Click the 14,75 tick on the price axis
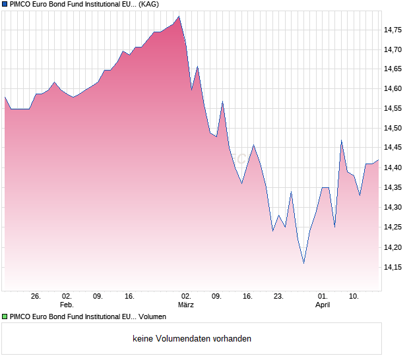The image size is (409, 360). [x=393, y=30]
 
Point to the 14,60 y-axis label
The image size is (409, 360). [x=393, y=88]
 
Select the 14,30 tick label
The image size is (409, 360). [x=393, y=207]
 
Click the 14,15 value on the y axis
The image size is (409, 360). [x=393, y=267]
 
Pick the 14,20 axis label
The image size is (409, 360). [x=393, y=247]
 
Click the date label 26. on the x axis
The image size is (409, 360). [x=36, y=297]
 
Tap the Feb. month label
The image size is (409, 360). [x=67, y=305]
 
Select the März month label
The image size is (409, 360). [x=186, y=305]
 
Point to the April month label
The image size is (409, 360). [x=323, y=305]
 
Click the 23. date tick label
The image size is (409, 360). [x=279, y=297]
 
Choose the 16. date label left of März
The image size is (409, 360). [x=129, y=297]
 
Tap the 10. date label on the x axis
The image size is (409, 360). [x=354, y=297]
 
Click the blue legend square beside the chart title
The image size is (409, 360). [x=5, y=5]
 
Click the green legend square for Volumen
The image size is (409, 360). [x=5, y=317]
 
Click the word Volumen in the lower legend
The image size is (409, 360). [x=152, y=317]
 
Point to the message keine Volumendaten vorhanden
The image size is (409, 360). [x=192, y=339]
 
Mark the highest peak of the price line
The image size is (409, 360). [x=179, y=16]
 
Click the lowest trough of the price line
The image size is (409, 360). [x=303, y=263]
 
